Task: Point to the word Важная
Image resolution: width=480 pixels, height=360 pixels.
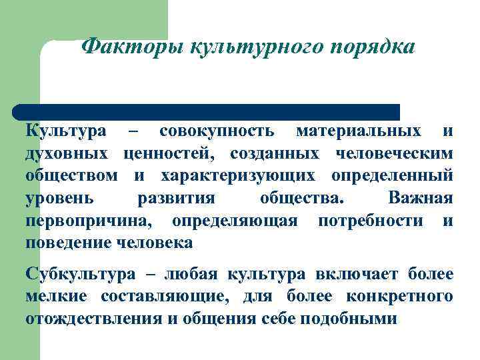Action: pyautogui.click(x=420, y=198)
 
